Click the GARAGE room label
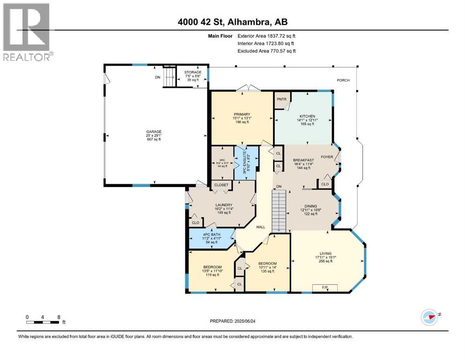point(154,132)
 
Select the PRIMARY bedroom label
point(242,114)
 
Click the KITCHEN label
point(307,116)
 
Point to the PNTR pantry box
point(281,100)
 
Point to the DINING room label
point(310,206)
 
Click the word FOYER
point(326,157)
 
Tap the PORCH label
point(343,80)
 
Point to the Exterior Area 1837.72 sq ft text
point(266,36)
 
